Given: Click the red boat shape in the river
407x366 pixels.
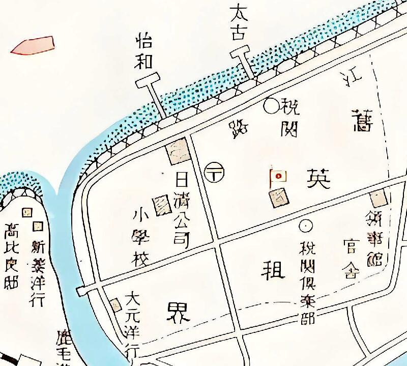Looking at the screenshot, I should pyautogui.click(x=33, y=45).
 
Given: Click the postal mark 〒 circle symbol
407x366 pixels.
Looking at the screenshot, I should pyautogui.click(x=214, y=172).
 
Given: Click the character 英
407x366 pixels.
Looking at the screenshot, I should pyautogui.click(x=318, y=178).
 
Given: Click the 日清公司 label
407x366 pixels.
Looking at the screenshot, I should pyautogui.click(x=182, y=210).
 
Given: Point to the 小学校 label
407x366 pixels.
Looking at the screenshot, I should pyautogui.click(x=140, y=237).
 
